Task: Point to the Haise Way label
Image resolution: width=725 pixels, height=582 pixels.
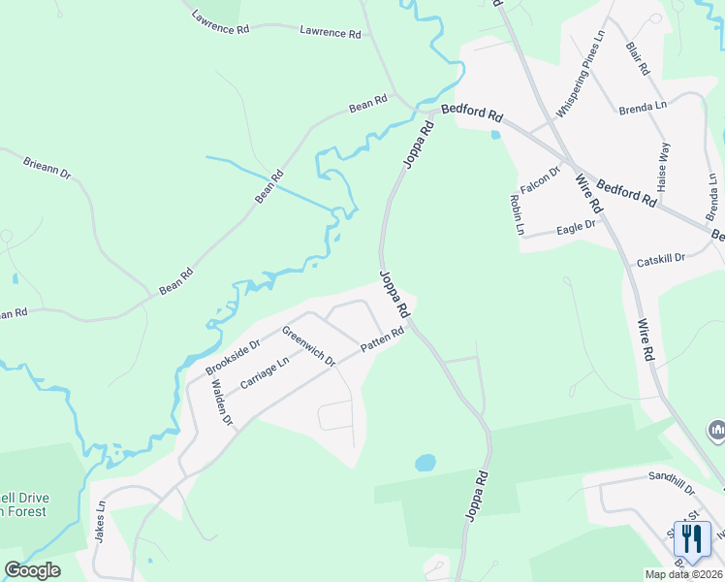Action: point(664,165)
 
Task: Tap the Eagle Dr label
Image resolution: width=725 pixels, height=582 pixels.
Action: point(576,230)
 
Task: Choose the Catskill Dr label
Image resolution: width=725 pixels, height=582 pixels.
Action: point(661,260)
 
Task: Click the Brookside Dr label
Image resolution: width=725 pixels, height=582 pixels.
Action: point(233,358)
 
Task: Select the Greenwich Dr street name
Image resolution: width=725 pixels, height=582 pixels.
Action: point(308,346)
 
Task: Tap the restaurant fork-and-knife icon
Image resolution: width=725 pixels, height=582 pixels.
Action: point(692,536)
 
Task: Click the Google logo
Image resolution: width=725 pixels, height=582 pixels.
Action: point(33,570)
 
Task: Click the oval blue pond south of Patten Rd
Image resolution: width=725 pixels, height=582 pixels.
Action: point(426,463)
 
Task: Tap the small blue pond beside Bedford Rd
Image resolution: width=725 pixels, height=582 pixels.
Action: point(496,134)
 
